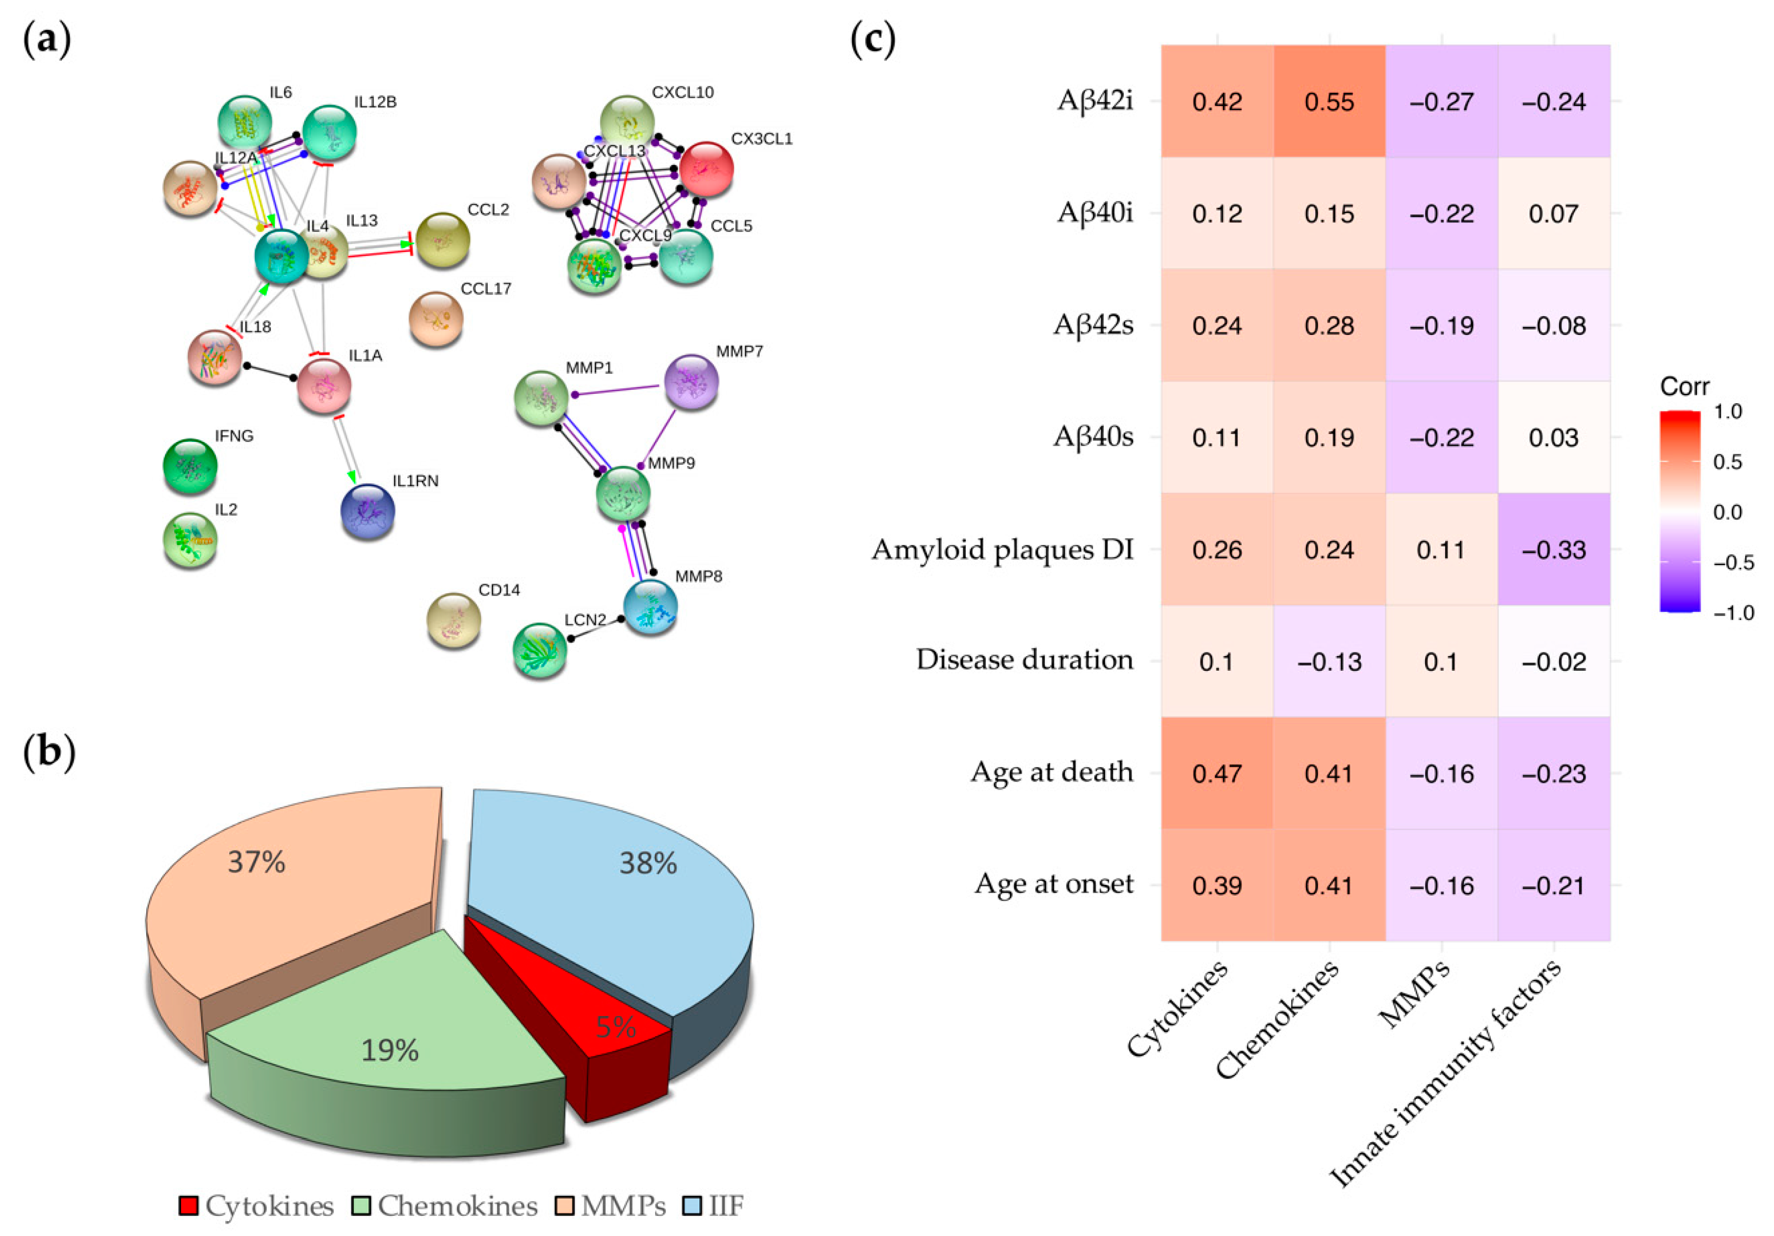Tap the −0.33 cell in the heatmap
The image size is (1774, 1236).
1554,549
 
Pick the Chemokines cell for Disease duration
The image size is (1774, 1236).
1329,661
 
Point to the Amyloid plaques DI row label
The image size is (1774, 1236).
1002,549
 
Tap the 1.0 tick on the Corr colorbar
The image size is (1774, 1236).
1728,412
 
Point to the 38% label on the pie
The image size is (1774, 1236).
647,863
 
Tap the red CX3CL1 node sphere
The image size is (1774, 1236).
706,168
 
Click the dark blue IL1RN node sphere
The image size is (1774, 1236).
368,511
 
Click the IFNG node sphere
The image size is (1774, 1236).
190,466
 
